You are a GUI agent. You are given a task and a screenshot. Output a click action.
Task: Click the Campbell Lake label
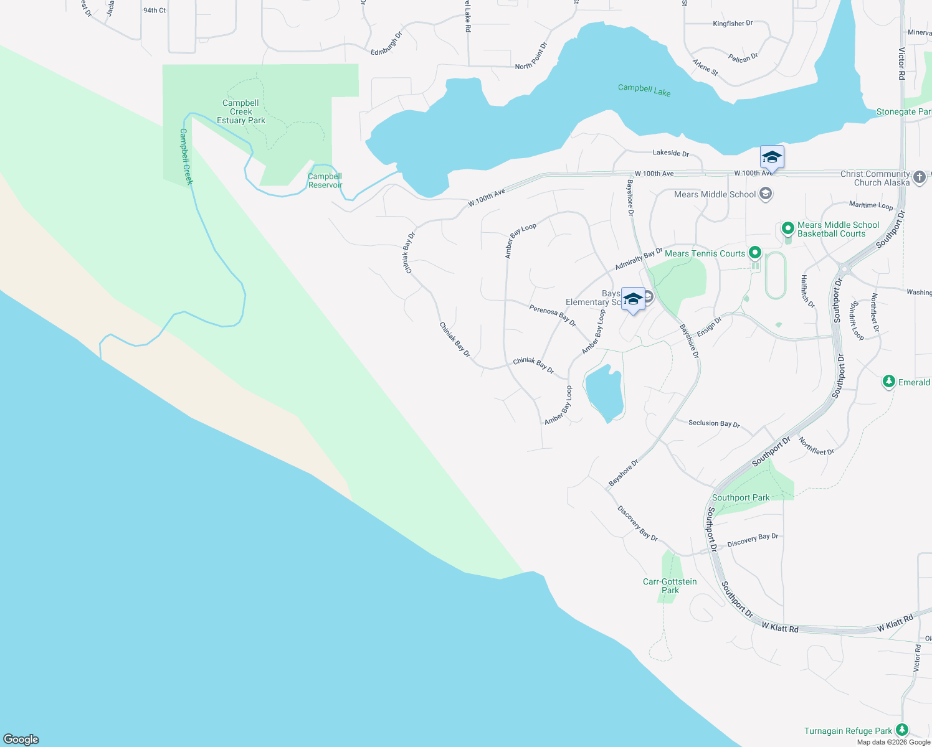644,90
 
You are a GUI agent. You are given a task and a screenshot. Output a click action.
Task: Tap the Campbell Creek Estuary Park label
241,112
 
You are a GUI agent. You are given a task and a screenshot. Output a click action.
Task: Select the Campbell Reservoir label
325,181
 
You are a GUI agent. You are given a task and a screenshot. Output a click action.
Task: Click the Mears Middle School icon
766,194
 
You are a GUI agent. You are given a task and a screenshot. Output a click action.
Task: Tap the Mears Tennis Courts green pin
755,253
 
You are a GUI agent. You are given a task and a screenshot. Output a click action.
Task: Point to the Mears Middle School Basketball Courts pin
787,228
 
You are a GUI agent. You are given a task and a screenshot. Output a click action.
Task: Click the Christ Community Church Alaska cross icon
920,178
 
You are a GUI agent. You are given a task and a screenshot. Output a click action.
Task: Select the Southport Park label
741,497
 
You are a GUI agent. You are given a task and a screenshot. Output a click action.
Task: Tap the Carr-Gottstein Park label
670,586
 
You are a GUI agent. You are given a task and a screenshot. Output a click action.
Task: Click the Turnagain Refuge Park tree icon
901,730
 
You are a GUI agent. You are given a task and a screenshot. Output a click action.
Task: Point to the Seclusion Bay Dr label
714,423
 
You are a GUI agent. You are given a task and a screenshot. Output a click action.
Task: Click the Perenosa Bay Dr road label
553,316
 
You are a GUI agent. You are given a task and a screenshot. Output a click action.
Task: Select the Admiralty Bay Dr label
639,259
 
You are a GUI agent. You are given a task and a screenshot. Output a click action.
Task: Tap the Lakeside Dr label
670,153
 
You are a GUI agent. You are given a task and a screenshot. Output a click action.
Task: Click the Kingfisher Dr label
733,24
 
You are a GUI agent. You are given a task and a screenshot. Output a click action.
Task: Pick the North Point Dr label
531,57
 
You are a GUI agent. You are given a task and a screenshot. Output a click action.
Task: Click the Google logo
21,739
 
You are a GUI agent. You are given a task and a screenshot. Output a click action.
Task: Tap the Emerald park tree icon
888,382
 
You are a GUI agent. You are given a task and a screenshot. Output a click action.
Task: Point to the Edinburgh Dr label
386,44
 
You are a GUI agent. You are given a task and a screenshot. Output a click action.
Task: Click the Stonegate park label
903,112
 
